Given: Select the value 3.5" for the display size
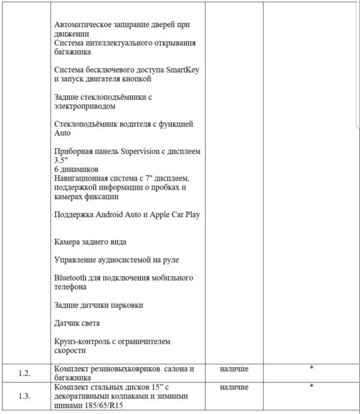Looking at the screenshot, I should [61, 160].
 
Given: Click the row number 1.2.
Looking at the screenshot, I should [25, 373].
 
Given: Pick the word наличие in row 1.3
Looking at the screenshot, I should [234, 388].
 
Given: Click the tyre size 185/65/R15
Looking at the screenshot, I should [100, 406].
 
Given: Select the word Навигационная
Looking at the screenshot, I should [82, 178].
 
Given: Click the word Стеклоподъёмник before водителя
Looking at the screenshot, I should [92, 124].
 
